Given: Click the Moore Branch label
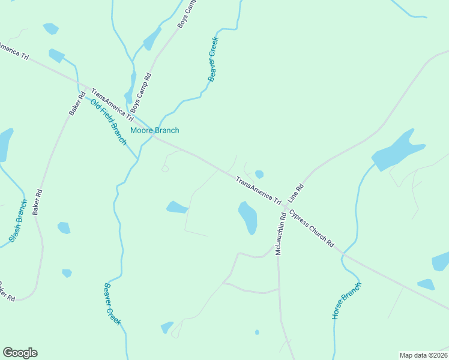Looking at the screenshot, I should [x=155, y=130].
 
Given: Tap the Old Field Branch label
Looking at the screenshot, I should [x=109, y=122].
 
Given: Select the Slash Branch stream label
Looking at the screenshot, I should [x=19, y=221].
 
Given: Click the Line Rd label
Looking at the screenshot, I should [x=296, y=192].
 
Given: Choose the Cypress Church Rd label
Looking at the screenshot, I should [x=311, y=229].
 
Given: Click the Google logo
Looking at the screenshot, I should [x=20, y=353].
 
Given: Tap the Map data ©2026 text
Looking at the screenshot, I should [x=423, y=355].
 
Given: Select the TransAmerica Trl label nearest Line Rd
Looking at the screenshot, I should [x=258, y=191].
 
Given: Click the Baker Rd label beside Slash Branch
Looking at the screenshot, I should [x=39, y=203].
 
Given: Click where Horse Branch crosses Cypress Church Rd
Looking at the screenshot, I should [x=343, y=256].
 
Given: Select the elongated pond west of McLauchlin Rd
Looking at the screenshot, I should [x=248, y=217].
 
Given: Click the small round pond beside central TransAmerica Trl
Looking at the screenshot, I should [x=259, y=174].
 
